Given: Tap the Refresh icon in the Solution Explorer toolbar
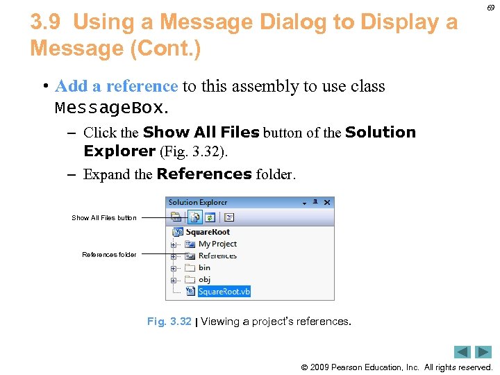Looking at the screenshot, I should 210,217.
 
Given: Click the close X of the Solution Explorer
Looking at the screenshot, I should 328,202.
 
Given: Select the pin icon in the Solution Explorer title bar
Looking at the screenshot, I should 315,202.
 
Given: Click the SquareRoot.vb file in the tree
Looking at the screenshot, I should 224,292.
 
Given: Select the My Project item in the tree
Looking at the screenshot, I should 217,244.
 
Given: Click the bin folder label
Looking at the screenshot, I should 204,268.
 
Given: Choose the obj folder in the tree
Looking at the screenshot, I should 204,280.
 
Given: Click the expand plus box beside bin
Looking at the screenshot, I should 174,268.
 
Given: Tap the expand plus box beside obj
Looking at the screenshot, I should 174,280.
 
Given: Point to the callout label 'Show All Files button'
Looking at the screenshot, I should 104,218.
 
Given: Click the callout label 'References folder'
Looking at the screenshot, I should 109,255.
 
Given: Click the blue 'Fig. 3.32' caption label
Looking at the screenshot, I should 169,322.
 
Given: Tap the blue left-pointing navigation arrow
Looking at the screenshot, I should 462,352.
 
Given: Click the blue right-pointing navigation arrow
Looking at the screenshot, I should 483,352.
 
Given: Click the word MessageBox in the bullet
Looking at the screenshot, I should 110,109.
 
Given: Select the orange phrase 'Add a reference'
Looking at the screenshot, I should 116,86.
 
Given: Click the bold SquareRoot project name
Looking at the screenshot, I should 207,233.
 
